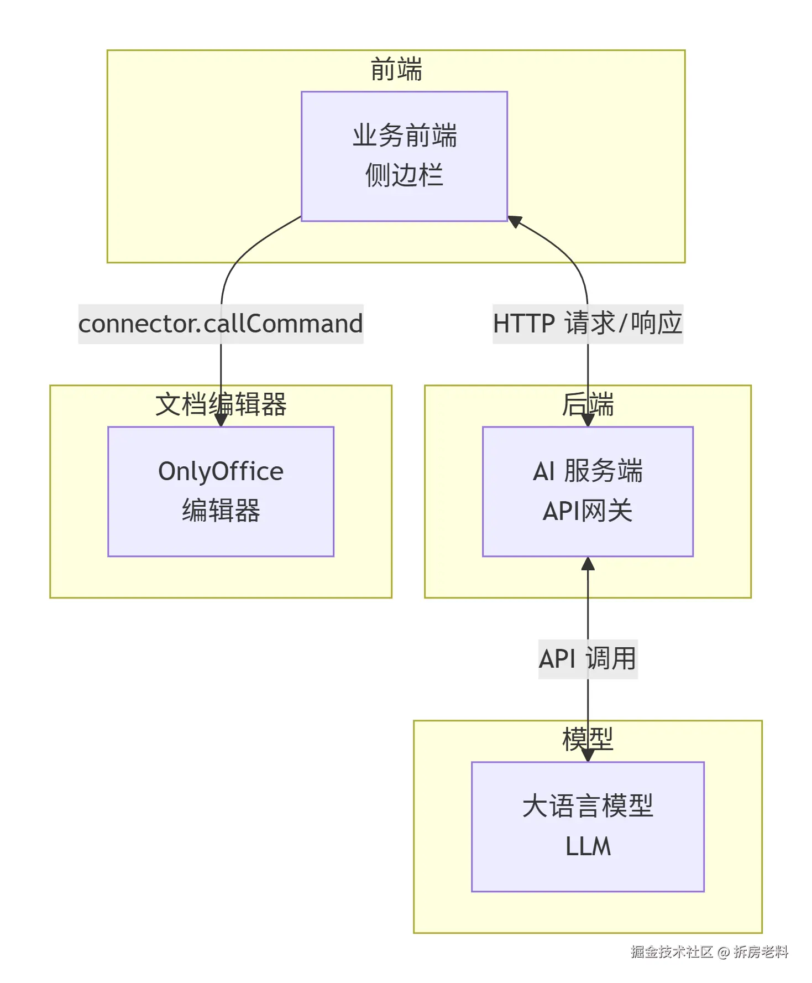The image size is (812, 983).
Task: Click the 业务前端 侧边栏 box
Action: (404, 156)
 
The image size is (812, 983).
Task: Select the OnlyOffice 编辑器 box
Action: (221, 491)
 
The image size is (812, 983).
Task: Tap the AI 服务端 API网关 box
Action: (588, 491)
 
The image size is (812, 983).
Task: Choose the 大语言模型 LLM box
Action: (588, 826)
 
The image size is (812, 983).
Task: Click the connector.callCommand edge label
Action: (221, 324)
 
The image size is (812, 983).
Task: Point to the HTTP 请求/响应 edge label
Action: (588, 324)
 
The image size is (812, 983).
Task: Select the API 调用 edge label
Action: (588, 659)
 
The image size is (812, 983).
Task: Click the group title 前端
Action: (396, 70)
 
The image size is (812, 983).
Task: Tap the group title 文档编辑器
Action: (221, 404)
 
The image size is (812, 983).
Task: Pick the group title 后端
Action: (588, 404)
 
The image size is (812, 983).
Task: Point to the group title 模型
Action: (588, 740)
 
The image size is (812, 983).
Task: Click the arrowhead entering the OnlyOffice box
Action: (221, 420)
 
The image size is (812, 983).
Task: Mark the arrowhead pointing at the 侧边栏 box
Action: (515, 221)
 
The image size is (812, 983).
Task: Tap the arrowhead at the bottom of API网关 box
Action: (588, 564)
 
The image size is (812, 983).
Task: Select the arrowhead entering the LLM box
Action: (588, 756)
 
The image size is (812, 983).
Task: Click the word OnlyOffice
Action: (221, 471)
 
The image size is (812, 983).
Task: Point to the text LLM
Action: (588, 846)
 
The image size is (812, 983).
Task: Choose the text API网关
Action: (588, 511)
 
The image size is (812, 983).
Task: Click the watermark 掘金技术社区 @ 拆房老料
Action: (709, 952)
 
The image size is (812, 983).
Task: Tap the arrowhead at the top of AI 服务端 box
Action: (588, 420)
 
